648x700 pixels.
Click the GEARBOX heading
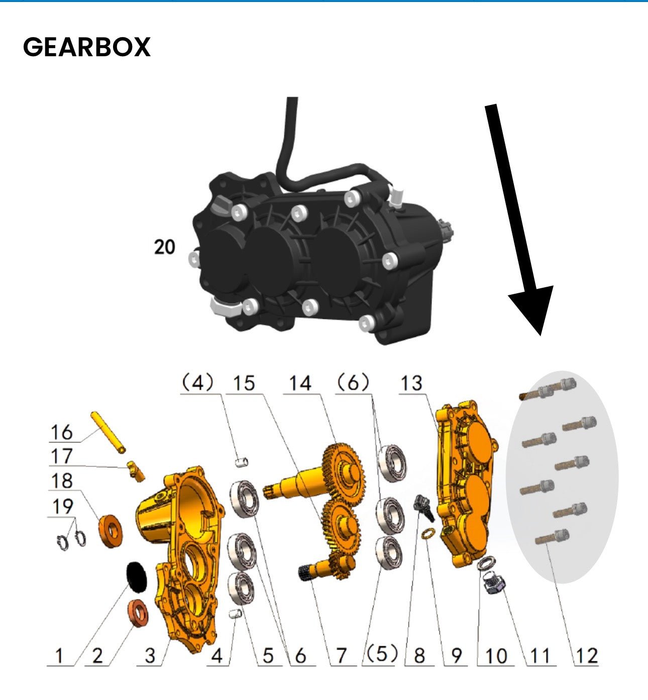pos(86,47)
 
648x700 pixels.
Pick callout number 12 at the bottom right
pos(587,656)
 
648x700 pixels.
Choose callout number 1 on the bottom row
pos(59,656)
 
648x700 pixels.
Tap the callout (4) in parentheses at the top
pos(197,384)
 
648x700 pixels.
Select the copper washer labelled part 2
pos(138,613)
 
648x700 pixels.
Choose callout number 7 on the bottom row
pos(341,656)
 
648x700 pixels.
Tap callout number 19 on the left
pos(62,507)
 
